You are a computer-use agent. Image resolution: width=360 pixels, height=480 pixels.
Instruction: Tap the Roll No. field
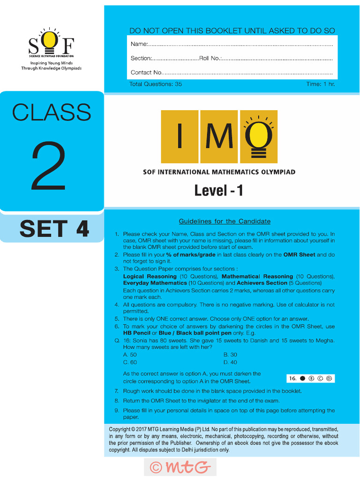(x=277, y=59)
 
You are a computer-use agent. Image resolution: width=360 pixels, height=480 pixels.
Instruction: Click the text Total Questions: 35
(x=156, y=84)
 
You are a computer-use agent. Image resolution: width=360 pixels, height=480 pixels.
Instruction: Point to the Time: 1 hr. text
(x=321, y=84)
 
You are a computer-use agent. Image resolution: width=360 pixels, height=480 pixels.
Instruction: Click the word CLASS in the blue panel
(x=52, y=112)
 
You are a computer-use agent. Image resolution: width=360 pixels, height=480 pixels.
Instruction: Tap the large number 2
(x=49, y=166)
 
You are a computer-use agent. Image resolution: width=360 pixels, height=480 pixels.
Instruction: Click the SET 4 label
(x=54, y=229)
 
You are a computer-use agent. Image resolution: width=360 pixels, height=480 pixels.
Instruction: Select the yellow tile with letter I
(x=180, y=136)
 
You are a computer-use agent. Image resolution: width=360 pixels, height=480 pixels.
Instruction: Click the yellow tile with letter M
(x=219, y=136)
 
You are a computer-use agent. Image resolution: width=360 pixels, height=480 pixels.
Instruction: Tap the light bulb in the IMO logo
(x=259, y=136)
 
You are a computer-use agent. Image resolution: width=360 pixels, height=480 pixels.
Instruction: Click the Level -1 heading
(x=218, y=190)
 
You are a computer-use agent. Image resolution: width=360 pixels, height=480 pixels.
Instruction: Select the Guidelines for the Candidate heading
(x=225, y=221)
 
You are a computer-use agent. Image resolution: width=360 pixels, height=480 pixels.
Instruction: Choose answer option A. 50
(x=130, y=355)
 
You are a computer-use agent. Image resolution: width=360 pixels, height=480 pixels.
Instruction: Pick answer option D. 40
(x=230, y=362)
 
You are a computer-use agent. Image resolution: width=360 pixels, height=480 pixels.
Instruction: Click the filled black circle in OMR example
(x=302, y=378)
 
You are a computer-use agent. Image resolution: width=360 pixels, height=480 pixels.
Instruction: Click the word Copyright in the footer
(x=120, y=429)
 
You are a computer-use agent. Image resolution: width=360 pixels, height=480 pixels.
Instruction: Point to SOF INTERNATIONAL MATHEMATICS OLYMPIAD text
(x=219, y=172)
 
